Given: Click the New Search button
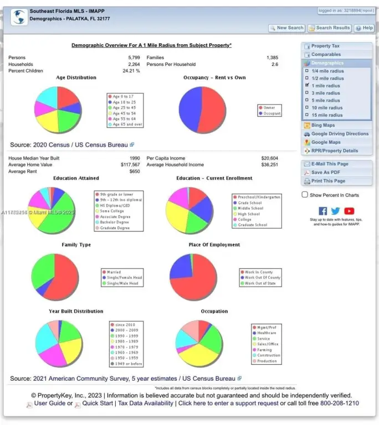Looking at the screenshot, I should point(286,28).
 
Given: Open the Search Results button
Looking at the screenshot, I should point(330,28).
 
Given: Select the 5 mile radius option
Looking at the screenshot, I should point(325,101).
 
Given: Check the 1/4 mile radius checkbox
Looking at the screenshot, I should point(307,71).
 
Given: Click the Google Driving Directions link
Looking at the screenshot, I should point(339,134).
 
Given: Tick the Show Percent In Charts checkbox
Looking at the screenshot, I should point(305,195).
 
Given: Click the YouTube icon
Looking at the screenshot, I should point(349,211).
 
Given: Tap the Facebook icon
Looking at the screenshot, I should point(323,211).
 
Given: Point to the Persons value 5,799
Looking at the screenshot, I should point(134,58).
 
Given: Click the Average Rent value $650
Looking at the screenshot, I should point(135,172).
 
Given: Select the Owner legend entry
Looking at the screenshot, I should point(269,108).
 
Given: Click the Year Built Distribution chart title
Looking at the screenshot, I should point(76,312).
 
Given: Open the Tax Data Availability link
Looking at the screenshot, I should point(146,403).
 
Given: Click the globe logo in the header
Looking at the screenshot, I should point(19,17).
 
